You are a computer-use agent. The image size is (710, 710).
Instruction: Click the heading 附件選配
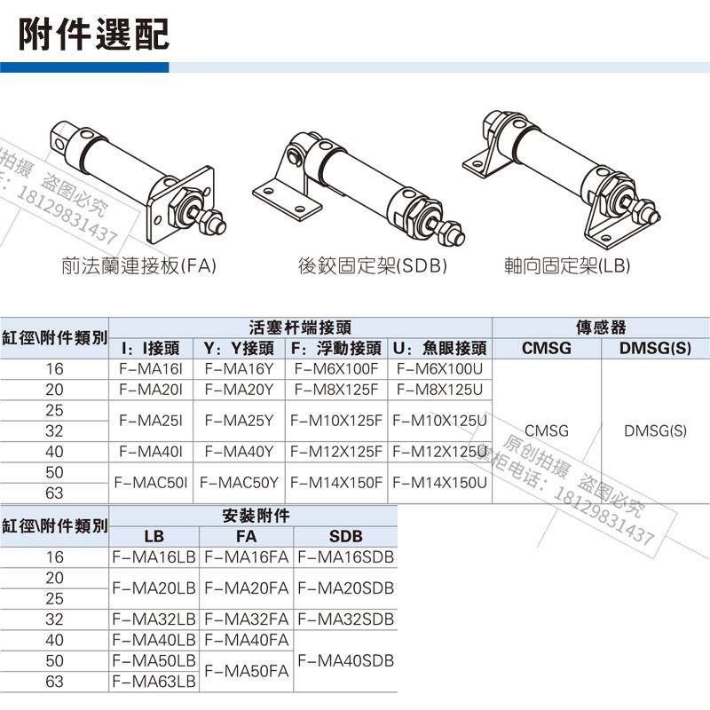point(94,34)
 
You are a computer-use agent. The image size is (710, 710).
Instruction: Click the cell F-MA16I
point(150,368)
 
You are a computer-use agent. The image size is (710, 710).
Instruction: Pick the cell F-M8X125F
point(336,390)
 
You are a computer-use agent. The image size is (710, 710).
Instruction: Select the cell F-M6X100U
point(439,368)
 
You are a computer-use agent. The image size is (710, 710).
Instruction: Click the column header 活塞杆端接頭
point(299,327)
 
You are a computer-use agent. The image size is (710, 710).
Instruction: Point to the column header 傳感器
point(601,327)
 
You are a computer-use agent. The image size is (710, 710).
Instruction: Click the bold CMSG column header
point(547,349)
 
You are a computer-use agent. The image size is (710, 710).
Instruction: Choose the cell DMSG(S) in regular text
point(655,431)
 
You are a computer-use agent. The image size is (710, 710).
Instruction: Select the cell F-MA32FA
point(247,619)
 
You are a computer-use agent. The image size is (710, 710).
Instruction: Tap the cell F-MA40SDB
point(345,661)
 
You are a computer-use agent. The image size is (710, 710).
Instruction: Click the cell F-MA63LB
point(154,682)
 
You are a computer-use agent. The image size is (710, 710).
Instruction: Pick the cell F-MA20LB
point(154,588)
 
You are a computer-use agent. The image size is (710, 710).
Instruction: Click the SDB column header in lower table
point(345,537)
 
